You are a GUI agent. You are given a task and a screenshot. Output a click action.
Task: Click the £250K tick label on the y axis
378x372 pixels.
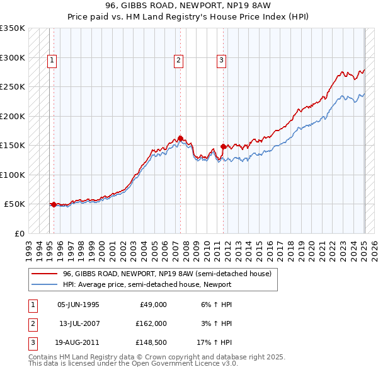(x=13, y=87)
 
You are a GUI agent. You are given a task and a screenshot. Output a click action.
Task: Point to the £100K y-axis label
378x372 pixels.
(x=13, y=175)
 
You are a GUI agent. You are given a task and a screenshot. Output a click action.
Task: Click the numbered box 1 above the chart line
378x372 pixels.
(x=51, y=61)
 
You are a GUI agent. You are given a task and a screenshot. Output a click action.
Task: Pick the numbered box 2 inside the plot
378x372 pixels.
(x=179, y=61)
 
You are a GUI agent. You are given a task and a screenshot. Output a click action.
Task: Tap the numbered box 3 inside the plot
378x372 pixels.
(x=222, y=61)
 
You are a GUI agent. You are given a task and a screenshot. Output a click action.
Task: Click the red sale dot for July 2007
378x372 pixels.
(x=180, y=138)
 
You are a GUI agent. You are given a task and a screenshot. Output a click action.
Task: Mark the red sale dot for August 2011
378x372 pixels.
(x=223, y=146)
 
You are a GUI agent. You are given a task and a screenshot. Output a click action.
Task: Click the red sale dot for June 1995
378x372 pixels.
(x=54, y=204)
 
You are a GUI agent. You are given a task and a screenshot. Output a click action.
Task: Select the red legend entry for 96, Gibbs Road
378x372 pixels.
(x=167, y=274)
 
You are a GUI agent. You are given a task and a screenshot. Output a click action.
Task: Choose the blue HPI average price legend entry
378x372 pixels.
(x=147, y=285)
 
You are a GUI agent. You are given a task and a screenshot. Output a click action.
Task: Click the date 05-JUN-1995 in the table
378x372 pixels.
(x=78, y=305)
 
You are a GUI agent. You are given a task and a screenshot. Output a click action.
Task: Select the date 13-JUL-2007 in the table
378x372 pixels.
(x=78, y=323)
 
